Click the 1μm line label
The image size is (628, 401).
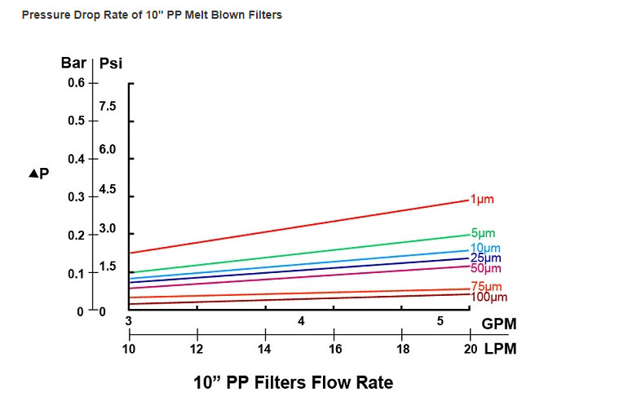(x=483, y=199)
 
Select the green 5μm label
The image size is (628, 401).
(x=483, y=234)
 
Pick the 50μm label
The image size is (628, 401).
(x=486, y=268)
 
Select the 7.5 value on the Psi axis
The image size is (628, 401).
(x=108, y=106)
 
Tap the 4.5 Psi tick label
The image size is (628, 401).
(x=108, y=189)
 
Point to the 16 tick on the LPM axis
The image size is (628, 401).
(x=334, y=348)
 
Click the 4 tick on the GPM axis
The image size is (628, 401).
(x=301, y=321)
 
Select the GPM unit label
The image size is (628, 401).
(x=499, y=324)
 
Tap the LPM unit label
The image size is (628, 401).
(x=499, y=348)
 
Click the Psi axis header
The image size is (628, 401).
(x=111, y=64)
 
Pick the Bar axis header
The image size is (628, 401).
(x=73, y=64)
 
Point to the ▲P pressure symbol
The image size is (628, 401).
(x=39, y=174)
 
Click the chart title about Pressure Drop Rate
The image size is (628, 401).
(x=152, y=15)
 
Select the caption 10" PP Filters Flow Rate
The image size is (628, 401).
(x=293, y=382)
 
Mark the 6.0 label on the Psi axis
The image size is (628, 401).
(x=108, y=150)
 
